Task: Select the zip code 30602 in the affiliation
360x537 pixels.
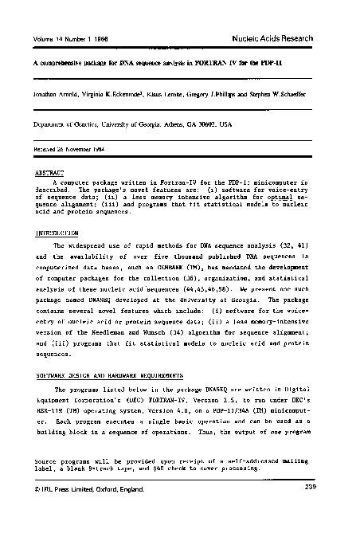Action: point(223,124)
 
